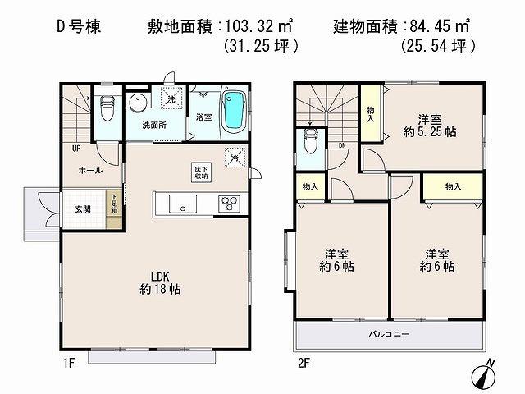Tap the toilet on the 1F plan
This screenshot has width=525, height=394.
tap(107, 107)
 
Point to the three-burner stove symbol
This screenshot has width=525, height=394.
tap(228, 203)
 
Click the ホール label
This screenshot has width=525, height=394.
tap(90, 170)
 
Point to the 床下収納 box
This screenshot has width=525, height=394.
tap(200, 172)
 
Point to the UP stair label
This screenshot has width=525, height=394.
tap(75, 149)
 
